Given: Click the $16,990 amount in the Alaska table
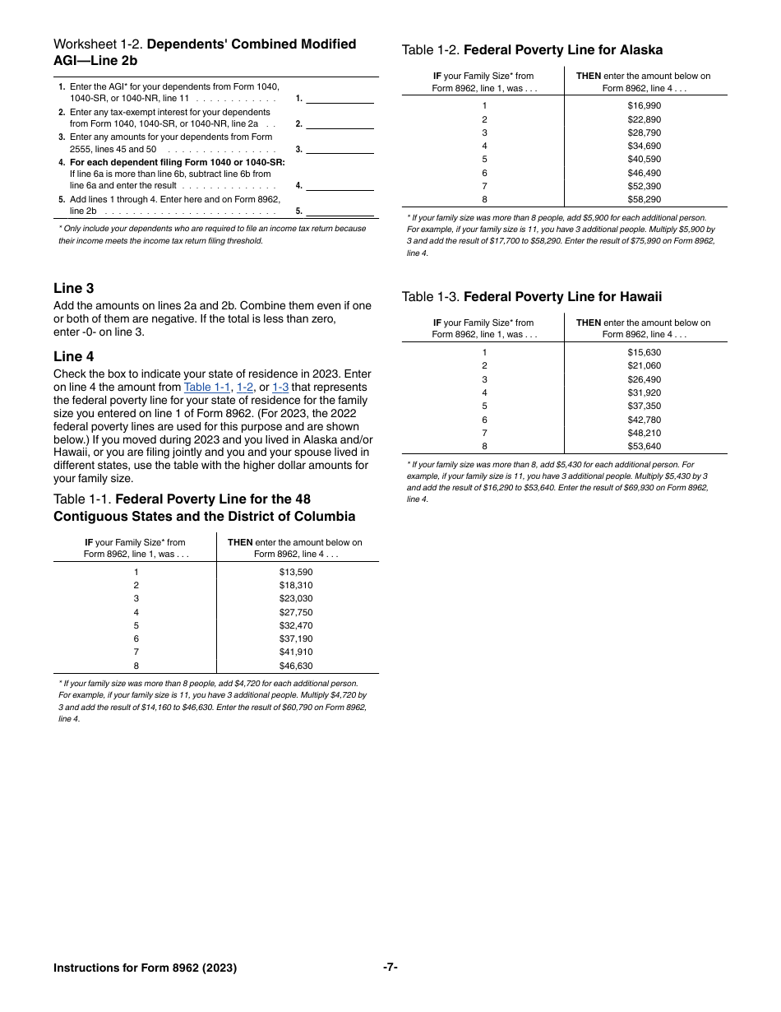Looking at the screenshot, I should coord(644,105).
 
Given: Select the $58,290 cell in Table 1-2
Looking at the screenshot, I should coord(644,199).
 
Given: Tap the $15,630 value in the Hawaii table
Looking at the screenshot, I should coord(644,352).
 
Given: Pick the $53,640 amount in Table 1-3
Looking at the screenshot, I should coord(644,446).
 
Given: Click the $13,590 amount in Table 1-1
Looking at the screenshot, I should coord(296,572).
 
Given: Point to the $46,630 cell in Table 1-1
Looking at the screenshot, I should coord(296,666).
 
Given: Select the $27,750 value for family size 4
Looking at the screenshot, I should coord(296,612).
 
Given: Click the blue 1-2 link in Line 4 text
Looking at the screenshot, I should coord(245,388).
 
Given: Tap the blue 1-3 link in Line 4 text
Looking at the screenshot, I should coord(280,388).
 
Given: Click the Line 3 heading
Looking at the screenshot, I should coord(74,288).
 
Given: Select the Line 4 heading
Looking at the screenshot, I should coord(74,356).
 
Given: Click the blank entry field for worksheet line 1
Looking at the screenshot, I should coord(340,98).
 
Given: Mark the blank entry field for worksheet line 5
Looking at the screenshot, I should coord(340,211).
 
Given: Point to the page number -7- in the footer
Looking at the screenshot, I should coord(390,968).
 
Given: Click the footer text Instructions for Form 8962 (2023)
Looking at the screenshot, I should coord(145,968).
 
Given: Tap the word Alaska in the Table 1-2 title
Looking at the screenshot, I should coord(641,50).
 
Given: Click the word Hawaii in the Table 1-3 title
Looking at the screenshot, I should coord(640,297).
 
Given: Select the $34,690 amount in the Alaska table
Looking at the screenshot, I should coord(644,146).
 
